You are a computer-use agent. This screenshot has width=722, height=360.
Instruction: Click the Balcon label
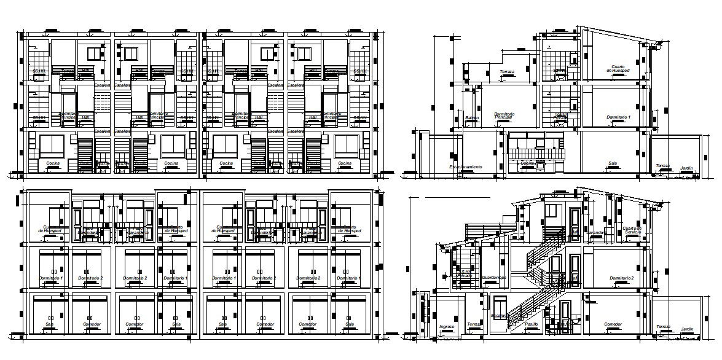pos(472,117)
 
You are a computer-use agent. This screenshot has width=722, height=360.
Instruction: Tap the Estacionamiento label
pos(465,166)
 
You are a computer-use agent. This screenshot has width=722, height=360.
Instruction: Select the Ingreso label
pos(447,326)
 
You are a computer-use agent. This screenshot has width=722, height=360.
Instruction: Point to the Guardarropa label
pos(493,278)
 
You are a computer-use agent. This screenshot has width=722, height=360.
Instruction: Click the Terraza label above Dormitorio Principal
pos(507,72)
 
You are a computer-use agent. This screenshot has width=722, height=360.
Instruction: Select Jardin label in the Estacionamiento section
pos(686,166)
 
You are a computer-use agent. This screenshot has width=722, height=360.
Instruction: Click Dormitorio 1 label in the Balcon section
pos(618,117)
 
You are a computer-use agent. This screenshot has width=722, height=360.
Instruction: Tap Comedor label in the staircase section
pos(613,324)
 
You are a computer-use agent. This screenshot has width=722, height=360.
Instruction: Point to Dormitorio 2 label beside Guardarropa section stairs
pos(621,278)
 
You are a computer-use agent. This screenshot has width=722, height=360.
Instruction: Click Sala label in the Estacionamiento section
pos(612,163)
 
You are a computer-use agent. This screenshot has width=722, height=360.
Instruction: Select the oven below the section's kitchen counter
pos(541,164)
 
